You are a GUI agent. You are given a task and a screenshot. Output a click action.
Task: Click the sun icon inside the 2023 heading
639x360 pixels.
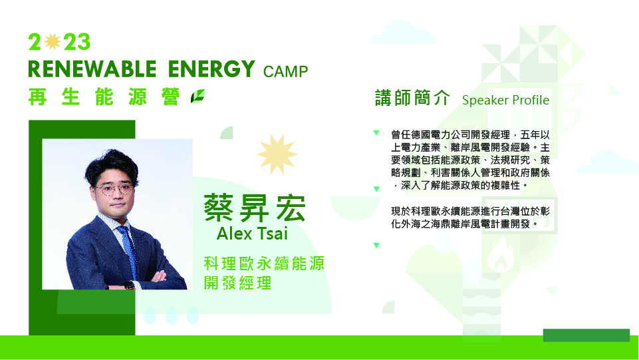[x=52, y=41]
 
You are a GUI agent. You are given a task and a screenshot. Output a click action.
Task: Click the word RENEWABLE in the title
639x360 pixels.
[x=92, y=69]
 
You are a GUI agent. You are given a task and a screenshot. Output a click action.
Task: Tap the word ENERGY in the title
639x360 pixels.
[x=211, y=69]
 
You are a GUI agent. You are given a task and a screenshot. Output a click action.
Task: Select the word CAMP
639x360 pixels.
[x=285, y=71]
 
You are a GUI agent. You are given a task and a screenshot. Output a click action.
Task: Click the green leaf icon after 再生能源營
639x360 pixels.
[x=197, y=96]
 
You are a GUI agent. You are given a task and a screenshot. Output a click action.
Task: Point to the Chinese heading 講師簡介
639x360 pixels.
[x=412, y=98]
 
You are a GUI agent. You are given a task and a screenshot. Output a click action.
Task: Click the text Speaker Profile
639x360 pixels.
[x=505, y=100]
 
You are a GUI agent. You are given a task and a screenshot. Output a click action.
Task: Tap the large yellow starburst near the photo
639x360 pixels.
[x=277, y=154]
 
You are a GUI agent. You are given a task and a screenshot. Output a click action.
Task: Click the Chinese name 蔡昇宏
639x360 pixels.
[x=255, y=208]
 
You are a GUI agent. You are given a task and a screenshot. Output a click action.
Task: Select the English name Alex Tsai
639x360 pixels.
[x=252, y=234]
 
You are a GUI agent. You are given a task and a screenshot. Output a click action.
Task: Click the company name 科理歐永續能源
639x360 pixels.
[x=264, y=264]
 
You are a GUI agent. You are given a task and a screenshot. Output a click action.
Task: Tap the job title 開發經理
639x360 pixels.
[x=237, y=283]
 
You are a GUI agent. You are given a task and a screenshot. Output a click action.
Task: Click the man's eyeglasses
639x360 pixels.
[x=114, y=189]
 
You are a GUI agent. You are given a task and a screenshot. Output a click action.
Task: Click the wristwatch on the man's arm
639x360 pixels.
[x=129, y=285]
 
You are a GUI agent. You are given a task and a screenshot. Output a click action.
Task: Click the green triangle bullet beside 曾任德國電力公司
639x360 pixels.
[x=376, y=132]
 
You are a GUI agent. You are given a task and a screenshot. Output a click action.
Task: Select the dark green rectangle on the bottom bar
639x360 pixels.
[x=586, y=335]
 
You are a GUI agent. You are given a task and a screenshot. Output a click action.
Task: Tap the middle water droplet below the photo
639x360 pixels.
[x=171, y=315]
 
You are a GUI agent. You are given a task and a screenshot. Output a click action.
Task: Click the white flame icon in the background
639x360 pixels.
[x=501, y=254]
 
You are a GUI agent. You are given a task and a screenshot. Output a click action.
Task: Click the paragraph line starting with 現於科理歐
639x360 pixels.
[x=470, y=211]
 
